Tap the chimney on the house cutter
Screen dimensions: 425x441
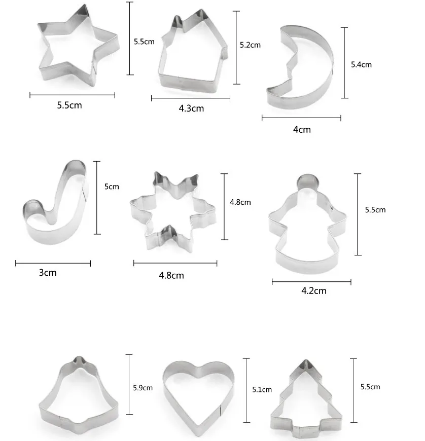pos(177,22)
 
